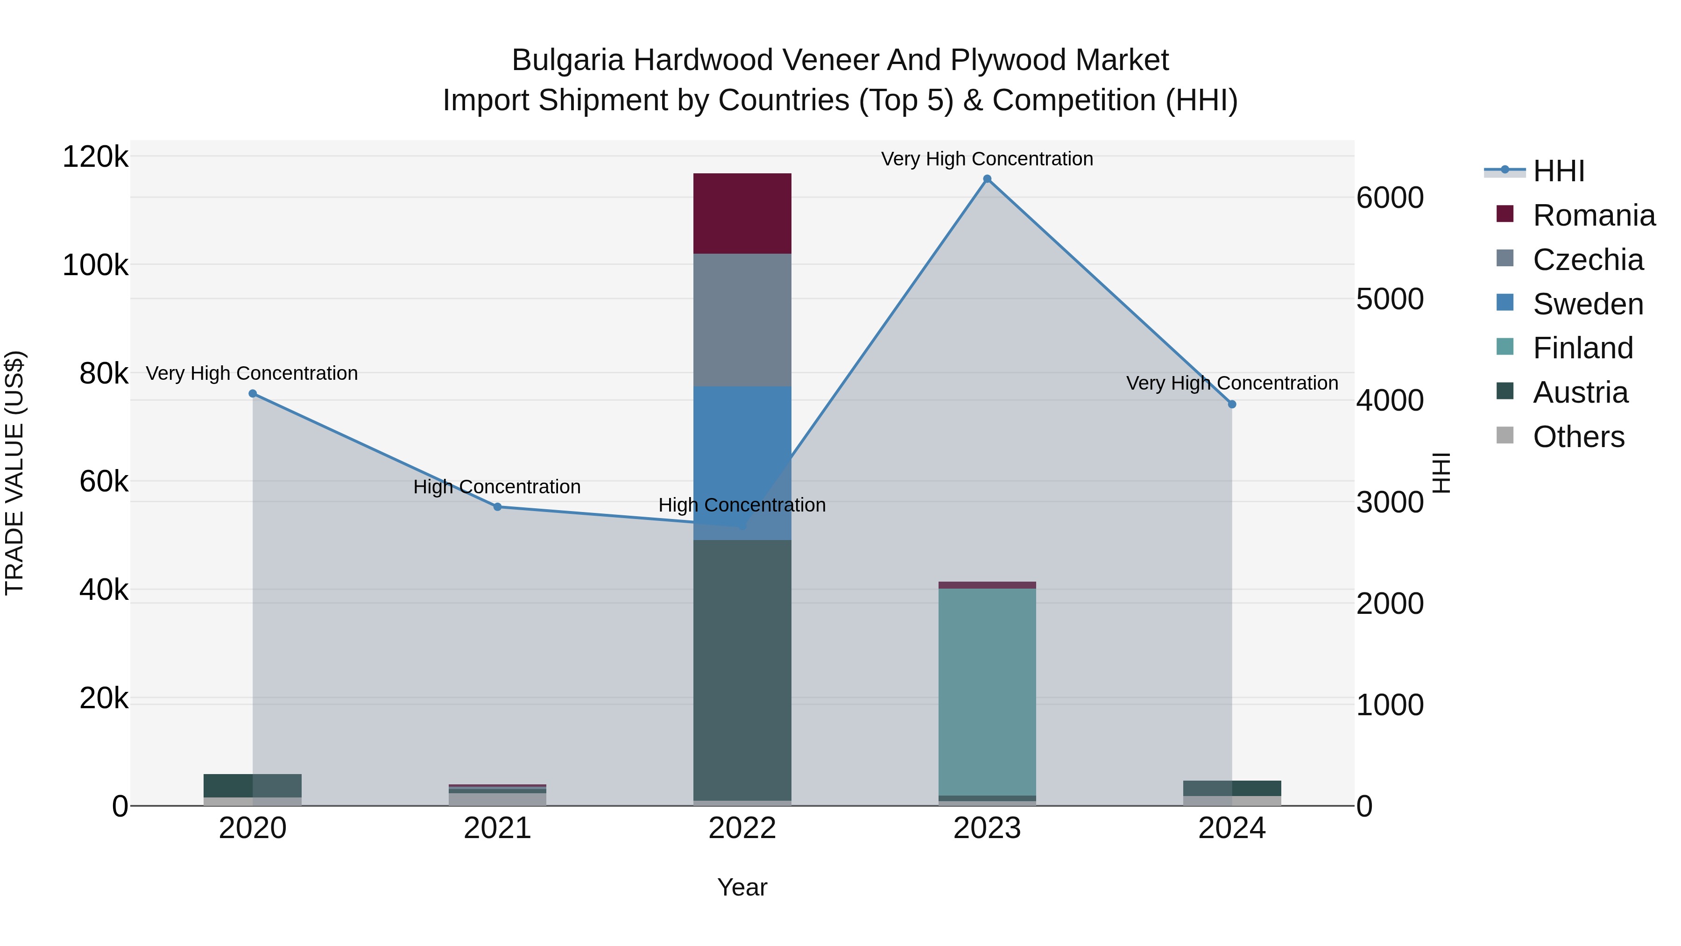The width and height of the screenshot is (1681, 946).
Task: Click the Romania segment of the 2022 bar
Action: (x=742, y=213)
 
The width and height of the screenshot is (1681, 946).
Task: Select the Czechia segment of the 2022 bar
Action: (x=742, y=320)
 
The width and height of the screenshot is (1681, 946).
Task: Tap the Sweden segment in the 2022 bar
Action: (x=742, y=457)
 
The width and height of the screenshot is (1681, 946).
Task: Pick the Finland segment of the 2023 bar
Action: (x=987, y=692)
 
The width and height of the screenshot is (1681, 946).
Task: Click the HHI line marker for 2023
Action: (x=987, y=179)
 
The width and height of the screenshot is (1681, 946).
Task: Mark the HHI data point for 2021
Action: (x=497, y=506)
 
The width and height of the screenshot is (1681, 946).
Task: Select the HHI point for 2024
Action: (x=1232, y=404)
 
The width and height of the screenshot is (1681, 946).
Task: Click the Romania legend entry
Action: (x=1594, y=215)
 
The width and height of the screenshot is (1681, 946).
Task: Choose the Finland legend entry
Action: (x=1582, y=348)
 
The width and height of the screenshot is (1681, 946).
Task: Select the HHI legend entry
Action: (x=1558, y=171)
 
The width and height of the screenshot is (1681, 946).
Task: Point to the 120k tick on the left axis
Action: (x=95, y=157)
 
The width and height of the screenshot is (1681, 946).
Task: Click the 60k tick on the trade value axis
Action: (x=104, y=482)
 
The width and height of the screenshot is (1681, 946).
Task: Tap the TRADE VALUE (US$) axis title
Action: (x=15, y=473)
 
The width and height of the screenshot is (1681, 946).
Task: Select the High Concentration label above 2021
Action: (x=497, y=487)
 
